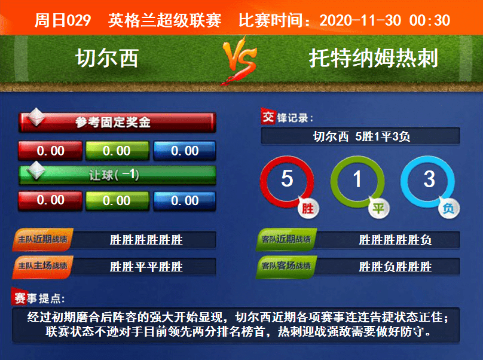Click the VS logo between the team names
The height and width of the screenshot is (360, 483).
pyautogui.click(x=241, y=60)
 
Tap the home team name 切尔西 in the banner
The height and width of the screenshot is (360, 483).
pyautogui.click(x=107, y=58)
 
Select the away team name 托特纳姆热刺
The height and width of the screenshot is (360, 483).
pyautogui.click(x=374, y=58)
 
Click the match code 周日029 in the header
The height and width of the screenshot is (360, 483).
pyautogui.click(x=63, y=20)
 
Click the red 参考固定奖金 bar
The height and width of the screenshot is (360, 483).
pyautogui.click(x=117, y=123)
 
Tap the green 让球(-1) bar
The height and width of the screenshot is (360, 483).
pyautogui.click(x=117, y=175)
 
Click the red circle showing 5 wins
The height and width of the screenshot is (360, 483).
pyautogui.click(x=287, y=179)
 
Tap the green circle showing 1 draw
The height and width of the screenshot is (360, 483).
pyautogui.click(x=357, y=179)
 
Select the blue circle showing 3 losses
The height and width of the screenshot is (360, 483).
pyautogui.click(x=429, y=179)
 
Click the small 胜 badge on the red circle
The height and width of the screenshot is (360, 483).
pyautogui.click(x=308, y=209)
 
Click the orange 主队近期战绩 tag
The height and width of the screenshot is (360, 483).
pyautogui.click(x=42, y=240)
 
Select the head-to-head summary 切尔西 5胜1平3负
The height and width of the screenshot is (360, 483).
pyautogui.click(x=361, y=136)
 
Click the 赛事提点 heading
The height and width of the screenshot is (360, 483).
pyautogui.click(x=40, y=297)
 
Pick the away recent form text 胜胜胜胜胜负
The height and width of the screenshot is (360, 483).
pyautogui.click(x=395, y=240)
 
